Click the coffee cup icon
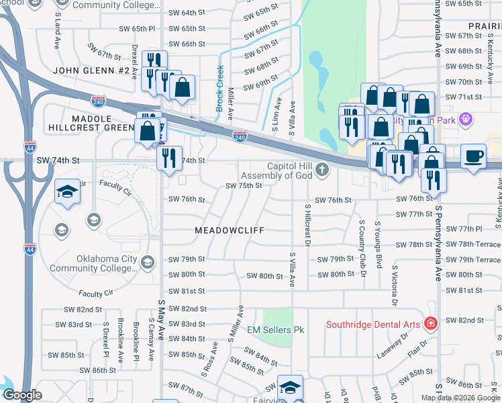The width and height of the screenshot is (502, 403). click(474, 156)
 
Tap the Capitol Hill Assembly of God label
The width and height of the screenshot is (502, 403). click(291, 171)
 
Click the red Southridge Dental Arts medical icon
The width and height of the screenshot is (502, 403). click(430, 324)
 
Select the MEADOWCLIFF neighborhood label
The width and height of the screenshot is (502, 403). click(228, 230)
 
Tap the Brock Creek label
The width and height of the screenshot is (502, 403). click(219, 88)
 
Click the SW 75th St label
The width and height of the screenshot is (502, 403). click(243, 185)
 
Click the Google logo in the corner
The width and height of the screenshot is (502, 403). click(22, 395)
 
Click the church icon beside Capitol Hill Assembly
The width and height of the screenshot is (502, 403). click(323, 169)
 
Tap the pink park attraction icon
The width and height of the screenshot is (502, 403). click(466, 120)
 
